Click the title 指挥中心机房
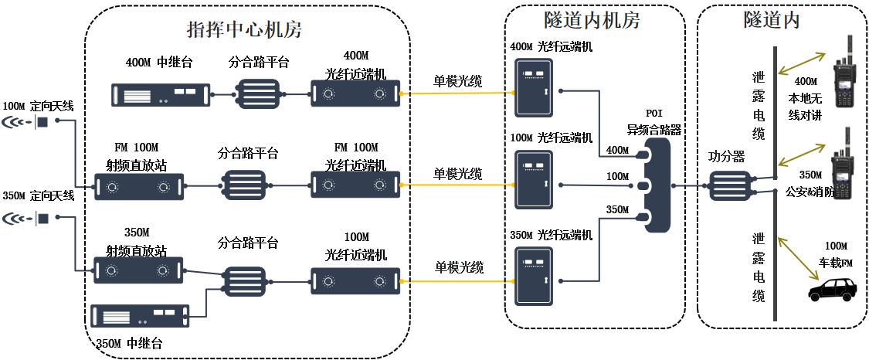244,30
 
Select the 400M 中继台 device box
161,94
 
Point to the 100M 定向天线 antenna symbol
26,122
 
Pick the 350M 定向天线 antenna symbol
26,219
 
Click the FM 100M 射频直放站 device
139,187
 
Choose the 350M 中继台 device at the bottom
140,315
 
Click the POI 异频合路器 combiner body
657,185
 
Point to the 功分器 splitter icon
727,186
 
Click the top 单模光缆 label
457,80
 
